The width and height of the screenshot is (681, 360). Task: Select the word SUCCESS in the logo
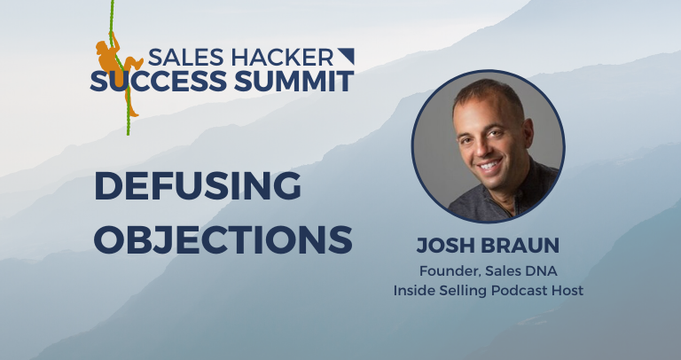pos(153,82)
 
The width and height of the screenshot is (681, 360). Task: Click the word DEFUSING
pos(198,186)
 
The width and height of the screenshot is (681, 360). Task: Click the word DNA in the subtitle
pos(537,270)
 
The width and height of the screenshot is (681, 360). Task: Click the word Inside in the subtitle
pos(413,291)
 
